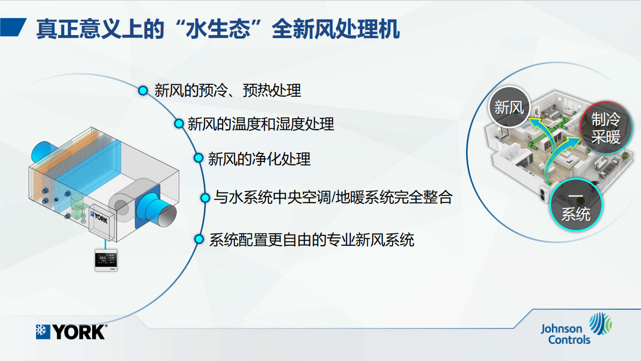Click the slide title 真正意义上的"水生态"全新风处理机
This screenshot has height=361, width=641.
point(218,29)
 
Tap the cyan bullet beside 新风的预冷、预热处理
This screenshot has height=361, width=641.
point(143,91)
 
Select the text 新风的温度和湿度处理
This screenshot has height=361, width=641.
point(261,124)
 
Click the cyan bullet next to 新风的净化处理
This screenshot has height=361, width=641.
point(198,158)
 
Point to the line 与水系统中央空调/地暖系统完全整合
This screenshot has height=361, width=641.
point(333,198)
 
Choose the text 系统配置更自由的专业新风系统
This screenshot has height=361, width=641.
point(311,240)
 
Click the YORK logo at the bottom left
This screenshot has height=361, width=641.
point(72,332)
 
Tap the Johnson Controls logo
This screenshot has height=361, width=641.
point(576,328)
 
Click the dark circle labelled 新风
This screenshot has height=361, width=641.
point(509,107)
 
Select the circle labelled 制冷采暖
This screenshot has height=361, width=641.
point(606,127)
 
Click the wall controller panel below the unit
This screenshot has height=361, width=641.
point(106,260)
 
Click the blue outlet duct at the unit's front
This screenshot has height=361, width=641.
point(156,210)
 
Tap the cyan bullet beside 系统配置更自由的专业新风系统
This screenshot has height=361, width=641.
point(199,239)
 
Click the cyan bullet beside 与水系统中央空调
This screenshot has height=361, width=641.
point(205,198)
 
